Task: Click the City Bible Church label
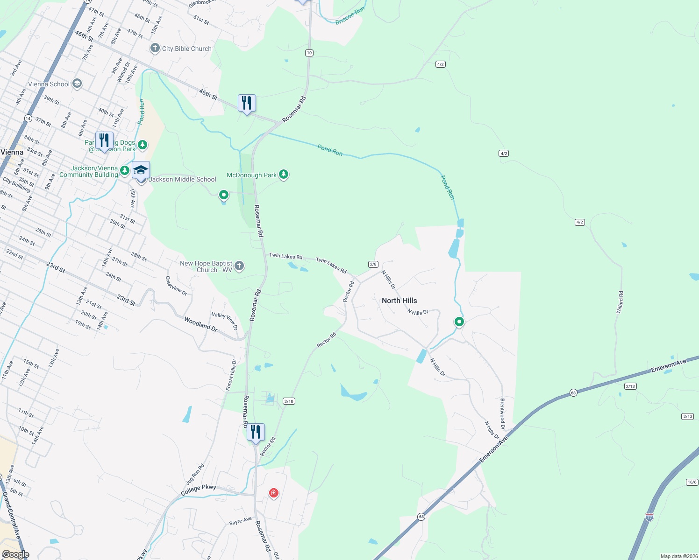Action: click(186, 49)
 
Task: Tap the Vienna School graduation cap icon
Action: click(77, 84)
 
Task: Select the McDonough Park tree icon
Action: click(284, 175)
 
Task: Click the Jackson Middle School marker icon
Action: click(141, 171)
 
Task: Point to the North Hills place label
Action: click(399, 301)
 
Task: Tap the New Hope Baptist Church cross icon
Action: click(239, 266)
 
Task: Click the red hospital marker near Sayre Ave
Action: click(273, 493)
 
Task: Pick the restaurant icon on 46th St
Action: click(247, 103)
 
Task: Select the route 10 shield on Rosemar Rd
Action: click(309, 53)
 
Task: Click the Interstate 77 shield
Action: click(649, 517)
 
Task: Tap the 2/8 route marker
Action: click(373, 264)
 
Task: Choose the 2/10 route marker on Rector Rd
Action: click(289, 401)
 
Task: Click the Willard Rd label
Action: click(620, 302)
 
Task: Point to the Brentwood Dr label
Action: click(502, 413)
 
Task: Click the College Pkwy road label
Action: click(199, 490)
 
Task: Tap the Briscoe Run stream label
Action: click(349, 16)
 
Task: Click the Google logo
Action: click(15, 554)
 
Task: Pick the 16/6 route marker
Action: click(692, 482)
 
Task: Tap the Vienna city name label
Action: click(12, 152)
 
